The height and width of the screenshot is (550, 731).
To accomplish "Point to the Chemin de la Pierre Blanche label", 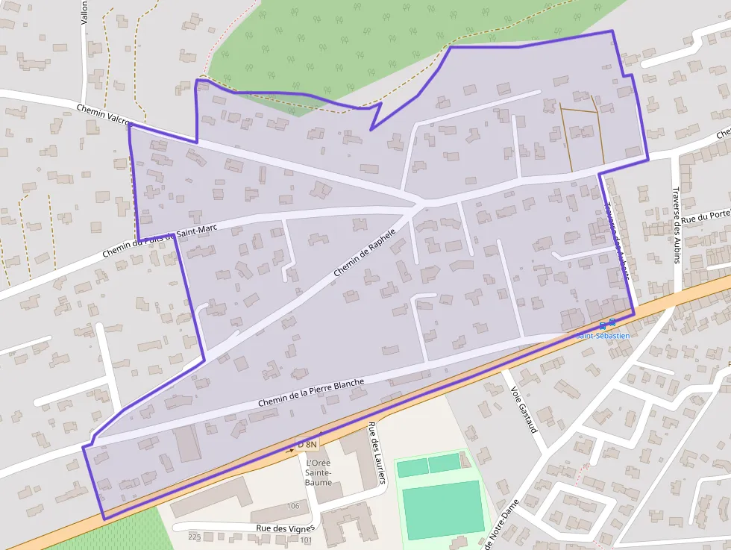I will tap(311, 393).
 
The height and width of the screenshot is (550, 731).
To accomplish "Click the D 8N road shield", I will tap(307, 445).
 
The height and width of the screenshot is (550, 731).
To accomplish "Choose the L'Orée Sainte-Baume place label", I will tap(319, 472).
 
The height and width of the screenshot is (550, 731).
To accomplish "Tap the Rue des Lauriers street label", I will tap(377, 454).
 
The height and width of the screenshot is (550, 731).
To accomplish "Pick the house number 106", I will tap(293, 506).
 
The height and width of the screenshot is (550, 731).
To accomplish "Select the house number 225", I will tap(195, 537).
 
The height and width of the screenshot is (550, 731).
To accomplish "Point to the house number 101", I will tap(307, 540).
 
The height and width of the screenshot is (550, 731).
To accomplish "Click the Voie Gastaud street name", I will tap(524, 409).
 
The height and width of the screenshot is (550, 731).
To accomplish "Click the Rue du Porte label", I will tap(706, 216).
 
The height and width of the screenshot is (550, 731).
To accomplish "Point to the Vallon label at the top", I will tap(85, 13).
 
